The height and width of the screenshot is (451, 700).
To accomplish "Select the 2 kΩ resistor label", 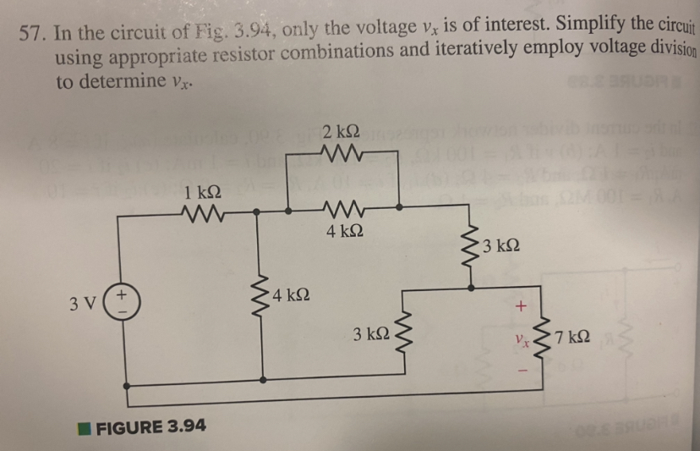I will click(x=341, y=132).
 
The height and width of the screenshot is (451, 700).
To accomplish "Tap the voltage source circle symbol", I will click(x=126, y=302).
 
